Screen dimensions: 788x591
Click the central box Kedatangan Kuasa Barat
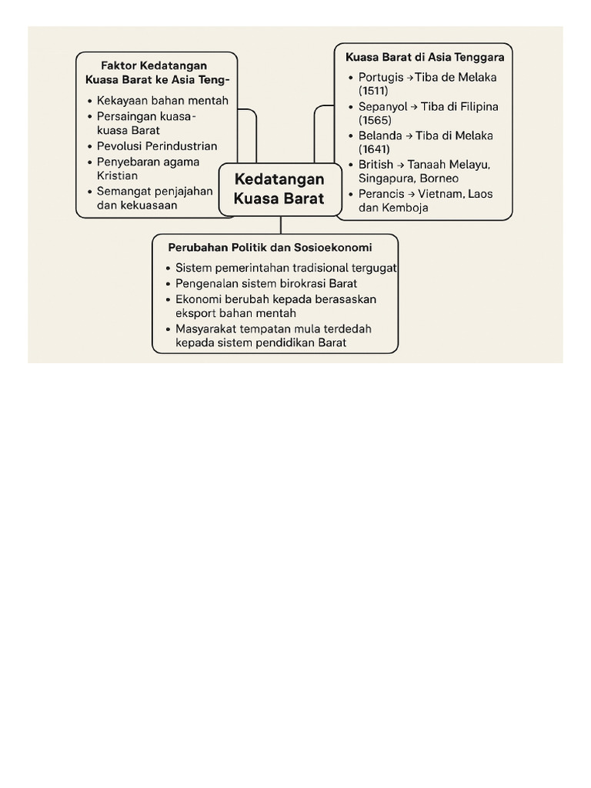[279, 189]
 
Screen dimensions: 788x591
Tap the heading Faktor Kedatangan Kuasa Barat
[157, 72]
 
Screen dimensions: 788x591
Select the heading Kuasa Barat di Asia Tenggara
[425, 57]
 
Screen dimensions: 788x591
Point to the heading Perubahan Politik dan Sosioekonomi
[270, 248]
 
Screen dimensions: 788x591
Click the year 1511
[373, 91]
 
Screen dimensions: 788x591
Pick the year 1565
[375, 120]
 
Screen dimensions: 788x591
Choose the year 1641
[374, 149]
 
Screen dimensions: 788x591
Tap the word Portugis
[381, 77]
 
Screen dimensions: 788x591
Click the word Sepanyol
[382, 106]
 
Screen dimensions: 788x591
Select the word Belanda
[380, 135]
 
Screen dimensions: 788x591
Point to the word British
[376, 165]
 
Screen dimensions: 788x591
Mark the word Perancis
[381, 194]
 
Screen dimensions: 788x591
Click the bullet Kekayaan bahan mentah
[162, 101]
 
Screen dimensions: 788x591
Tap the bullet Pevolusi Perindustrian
[157, 146]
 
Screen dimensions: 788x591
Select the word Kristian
[117, 175]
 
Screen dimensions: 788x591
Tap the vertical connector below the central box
[281, 225]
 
